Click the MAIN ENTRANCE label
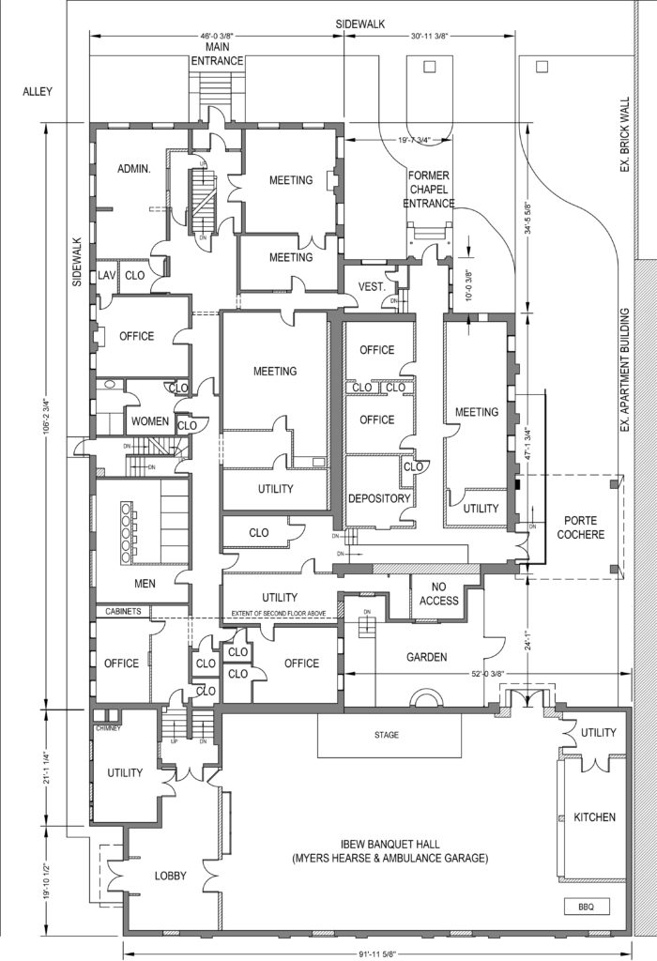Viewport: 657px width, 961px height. tap(218, 53)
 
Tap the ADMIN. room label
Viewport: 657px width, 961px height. tap(134, 168)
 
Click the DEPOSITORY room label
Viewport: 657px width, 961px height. tap(379, 498)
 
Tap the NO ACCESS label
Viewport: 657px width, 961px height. tap(439, 594)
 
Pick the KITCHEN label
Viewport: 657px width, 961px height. tap(594, 817)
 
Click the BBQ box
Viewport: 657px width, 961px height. tap(588, 907)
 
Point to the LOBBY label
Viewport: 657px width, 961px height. tap(170, 876)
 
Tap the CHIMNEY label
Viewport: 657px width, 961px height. tap(110, 727)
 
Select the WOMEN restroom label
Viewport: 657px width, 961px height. tap(149, 421)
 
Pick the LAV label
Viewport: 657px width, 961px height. tap(106, 275)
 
